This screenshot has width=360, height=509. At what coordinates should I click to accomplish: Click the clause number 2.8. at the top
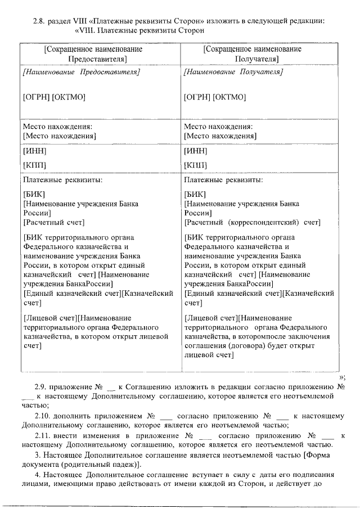(x=40, y=21)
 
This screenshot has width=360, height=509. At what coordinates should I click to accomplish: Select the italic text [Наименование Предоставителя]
(x=81, y=73)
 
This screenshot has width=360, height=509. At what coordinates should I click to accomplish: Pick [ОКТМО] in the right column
(x=229, y=97)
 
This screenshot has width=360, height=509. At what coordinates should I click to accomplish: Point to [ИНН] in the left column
(x=34, y=152)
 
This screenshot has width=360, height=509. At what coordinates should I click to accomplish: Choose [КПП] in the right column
(x=195, y=165)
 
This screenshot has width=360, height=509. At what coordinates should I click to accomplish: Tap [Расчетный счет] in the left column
(x=53, y=223)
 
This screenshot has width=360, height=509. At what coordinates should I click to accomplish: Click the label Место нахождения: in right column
(x=218, y=127)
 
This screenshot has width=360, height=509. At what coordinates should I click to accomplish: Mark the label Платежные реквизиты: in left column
(x=62, y=180)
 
